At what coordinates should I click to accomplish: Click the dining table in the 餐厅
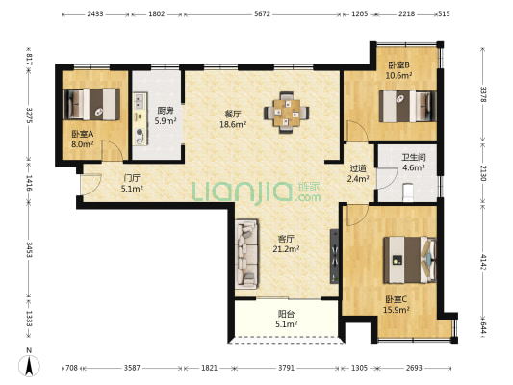pos(287,113)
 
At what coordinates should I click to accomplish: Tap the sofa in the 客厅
pos(247,254)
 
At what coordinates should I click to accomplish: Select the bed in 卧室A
pos(91,104)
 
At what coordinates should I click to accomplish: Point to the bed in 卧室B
pos(408,106)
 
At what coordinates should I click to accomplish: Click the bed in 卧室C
pos(410,260)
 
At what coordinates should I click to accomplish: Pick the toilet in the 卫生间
pos(408,192)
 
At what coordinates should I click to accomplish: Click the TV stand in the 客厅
pos(334,256)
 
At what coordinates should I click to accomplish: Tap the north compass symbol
pos(29,364)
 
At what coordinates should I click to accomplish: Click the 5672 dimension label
pos(262,13)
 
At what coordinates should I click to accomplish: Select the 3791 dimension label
pos(286,368)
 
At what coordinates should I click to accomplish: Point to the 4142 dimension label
pos(483,262)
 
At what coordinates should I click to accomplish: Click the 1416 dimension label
pos(29,183)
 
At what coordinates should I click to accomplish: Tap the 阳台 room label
pos(286,314)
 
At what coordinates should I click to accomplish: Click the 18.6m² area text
pos(233,124)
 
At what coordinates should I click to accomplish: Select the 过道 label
pos(358,168)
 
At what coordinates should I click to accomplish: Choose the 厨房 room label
pos(166,111)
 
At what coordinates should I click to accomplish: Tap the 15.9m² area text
pos(397,309)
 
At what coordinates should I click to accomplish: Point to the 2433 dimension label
pos(95,13)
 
